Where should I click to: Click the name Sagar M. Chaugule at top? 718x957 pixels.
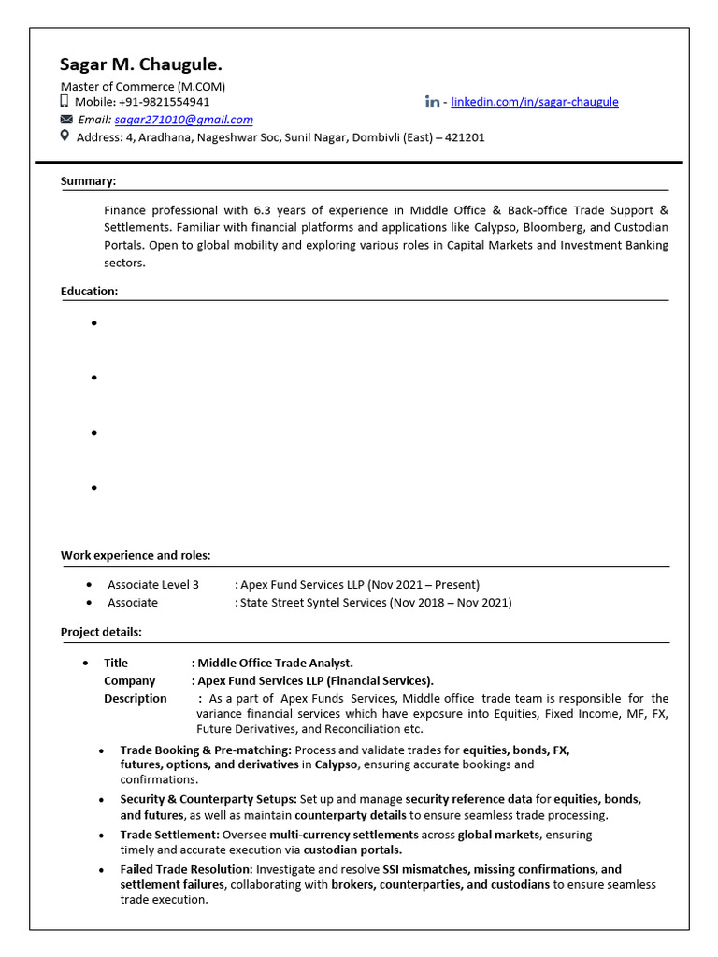coord(141,64)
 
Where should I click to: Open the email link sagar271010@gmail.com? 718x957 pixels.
coord(183,120)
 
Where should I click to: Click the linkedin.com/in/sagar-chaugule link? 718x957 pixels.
coord(534,102)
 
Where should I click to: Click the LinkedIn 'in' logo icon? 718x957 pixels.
coord(432,102)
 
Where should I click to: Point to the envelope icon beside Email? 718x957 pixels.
coord(65,120)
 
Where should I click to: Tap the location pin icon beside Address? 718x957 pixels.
coord(65,136)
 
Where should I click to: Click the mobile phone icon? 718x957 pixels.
coord(65,101)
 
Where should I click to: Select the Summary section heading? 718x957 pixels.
coord(88,181)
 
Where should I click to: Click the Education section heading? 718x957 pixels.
coord(89,292)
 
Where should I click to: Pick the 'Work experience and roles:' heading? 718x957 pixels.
coord(136,556)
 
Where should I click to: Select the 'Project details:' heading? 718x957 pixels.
coord(101,633)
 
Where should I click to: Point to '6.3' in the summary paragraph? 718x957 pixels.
coord(262,210)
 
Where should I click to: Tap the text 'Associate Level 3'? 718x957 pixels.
coord(153,585)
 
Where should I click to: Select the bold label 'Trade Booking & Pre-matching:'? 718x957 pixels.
coord(206,750)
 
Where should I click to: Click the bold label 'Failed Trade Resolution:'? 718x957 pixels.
coord(191,870)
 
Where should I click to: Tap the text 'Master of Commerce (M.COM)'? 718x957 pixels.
coord(143,87)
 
